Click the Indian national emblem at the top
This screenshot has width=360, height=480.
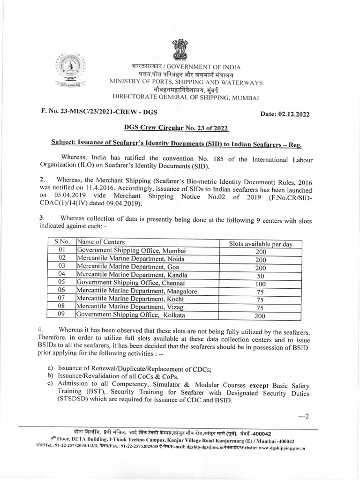click(x=180, y=49)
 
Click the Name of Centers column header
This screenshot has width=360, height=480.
click(x=101, y=242)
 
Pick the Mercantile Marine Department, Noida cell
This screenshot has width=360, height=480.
click(x=131, y=258)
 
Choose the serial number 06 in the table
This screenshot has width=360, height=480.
click(x=61, y=291)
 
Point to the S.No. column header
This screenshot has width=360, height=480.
click(x=61, y=242)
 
